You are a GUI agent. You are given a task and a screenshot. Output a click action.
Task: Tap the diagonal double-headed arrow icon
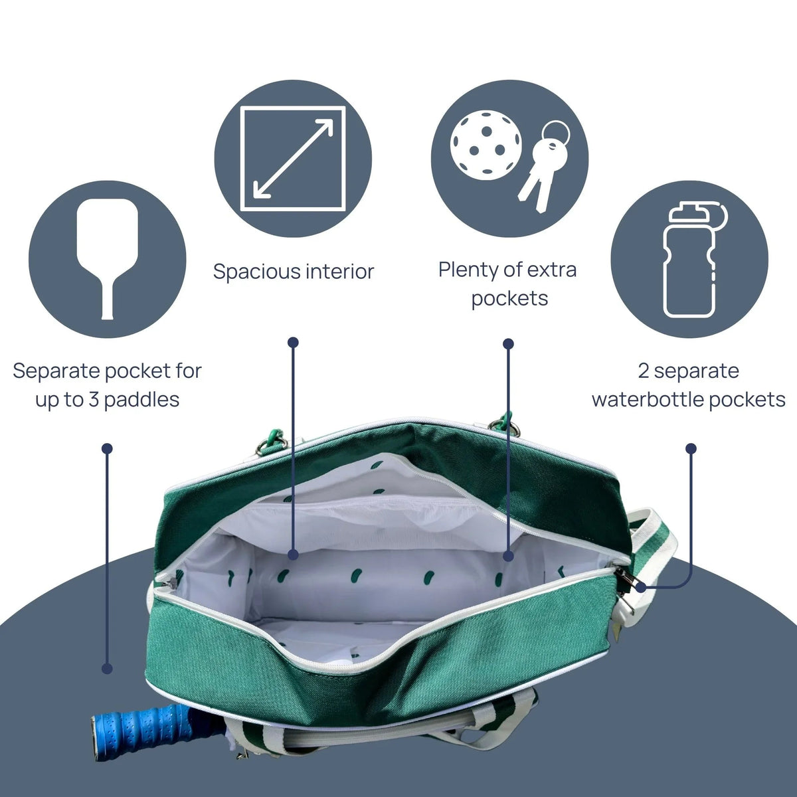click(294, 159)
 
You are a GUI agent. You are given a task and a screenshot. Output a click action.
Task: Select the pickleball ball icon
click(486, 145)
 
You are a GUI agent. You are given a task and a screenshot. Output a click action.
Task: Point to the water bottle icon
click(695, 260)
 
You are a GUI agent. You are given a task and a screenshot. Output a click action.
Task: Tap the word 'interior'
click(340, 272)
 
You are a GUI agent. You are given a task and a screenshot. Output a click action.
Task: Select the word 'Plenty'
click(469, 270)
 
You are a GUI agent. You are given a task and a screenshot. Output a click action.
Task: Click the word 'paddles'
click(142, 400)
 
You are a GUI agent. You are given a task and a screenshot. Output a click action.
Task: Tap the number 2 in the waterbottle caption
click(644, 371)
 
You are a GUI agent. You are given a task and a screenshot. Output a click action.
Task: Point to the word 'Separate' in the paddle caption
click(57, 371)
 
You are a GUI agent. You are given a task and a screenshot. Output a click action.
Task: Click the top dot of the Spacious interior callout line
click(294, 342)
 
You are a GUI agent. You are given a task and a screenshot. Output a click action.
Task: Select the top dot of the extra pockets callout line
click(508, 343)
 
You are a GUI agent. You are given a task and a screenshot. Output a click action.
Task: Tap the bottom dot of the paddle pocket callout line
click(107, 668)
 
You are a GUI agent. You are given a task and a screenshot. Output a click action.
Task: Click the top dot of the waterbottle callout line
click(691, 448)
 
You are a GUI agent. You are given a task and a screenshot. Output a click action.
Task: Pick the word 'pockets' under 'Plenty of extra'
click(509, 300)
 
